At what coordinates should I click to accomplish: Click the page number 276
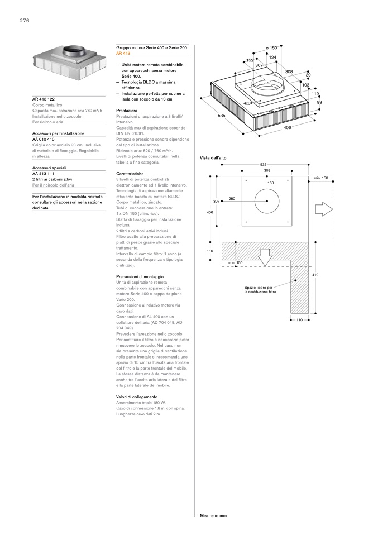click(x=24, y=21)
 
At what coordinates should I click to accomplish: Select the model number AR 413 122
click(x=44, y=99)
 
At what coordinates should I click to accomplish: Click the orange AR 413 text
click(x=123, y=54)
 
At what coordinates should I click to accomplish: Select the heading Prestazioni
click(x=127, y=111)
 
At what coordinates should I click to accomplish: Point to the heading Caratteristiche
click(x=130, y=174)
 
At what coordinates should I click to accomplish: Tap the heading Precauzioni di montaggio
click(x=138, y=277)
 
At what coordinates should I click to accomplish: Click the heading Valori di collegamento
click(x=137, y=397)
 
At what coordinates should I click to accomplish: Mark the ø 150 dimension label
click(x=271, y=49)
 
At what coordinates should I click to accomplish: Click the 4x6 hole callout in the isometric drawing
click(x=247, y=104)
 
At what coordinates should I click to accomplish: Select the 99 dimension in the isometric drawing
click(x=319, y=102)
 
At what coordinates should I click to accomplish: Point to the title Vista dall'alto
click(x=213, y=159)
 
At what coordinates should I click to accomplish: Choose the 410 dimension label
click(x=315, y=275)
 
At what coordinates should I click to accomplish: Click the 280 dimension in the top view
click(x=231, y=199)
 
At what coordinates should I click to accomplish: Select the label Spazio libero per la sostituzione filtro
click(x=260, y=289)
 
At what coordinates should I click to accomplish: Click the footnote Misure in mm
click(x=213, y=515)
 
